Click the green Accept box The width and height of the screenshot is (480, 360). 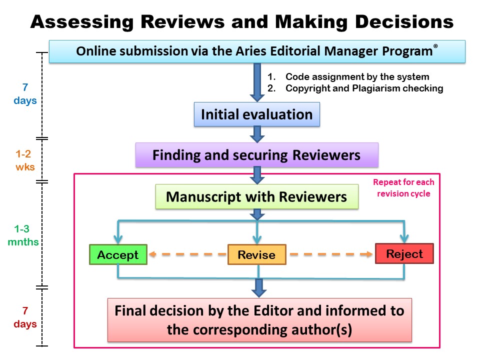click(x=118, y=254)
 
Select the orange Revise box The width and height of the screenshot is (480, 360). click(x=256, y=254)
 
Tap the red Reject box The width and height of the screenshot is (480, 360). click(x=404, y=253)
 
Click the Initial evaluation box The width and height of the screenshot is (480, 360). click(x=256, y=114)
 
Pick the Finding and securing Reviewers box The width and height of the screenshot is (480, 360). click(x=256, y=155)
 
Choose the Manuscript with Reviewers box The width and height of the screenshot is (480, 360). click(x=256, y=196)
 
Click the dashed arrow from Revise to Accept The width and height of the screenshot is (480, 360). click(x=187, y=254)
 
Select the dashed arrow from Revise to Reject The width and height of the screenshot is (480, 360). click(x=330, y=254)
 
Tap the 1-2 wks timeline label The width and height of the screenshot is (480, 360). click(x=24, y=161)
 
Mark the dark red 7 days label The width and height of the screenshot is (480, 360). click(x=25, y=318)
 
